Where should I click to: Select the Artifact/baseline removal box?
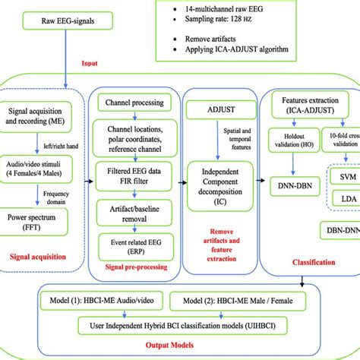[x=134, y=210]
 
